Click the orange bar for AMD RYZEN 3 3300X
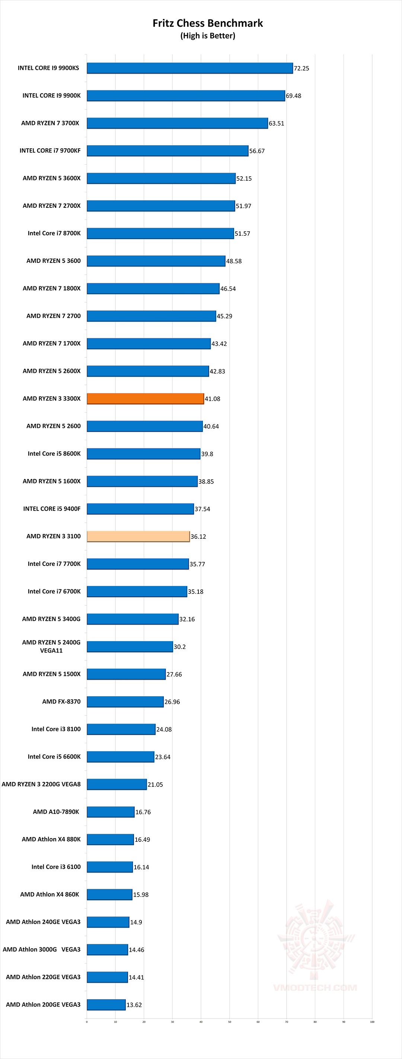coord(145,398)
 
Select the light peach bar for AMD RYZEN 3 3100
coord(138,536)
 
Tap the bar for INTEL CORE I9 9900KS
coord(190,68)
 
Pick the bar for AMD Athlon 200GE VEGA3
coord(106,1004)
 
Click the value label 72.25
coord(301,68)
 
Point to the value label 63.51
coord(276,123)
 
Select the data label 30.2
coord(179,647)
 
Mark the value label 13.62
coord(134,1005)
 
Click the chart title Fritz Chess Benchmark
coord(207,23)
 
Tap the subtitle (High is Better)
coord(207,36)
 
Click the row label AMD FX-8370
coord(61,701)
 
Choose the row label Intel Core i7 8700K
coord(54,233)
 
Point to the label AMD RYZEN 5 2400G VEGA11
coord(51,646)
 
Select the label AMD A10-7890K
coord(56,811)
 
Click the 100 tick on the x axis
coord(372,1021)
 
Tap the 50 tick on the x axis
coord(230,1021)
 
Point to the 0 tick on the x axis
coord(87,1021)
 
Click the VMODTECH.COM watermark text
coord(315,988)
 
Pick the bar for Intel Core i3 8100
coord(121,729)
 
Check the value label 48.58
coord(234,261)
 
